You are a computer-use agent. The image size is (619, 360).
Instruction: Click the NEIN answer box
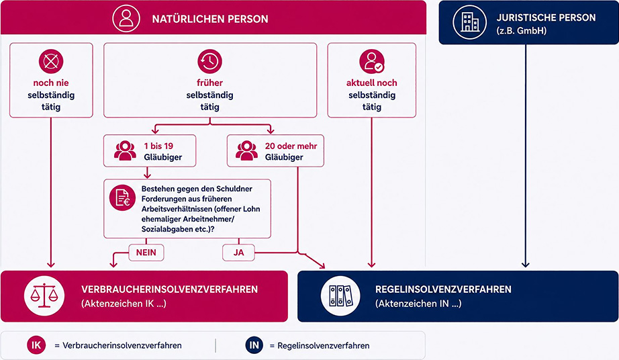point(146,253)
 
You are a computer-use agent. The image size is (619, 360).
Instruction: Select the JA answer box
point(238,253)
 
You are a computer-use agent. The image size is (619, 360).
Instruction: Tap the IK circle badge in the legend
point(36,345)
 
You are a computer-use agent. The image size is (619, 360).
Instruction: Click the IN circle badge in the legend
point(254,345)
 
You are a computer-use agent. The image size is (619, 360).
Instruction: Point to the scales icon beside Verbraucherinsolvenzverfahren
point(44,296)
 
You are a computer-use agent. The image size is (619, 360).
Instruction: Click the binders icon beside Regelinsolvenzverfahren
point(340,296)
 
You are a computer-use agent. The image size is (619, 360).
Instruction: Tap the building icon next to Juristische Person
point(470,22)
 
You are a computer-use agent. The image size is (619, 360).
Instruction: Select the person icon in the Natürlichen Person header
point(126,18)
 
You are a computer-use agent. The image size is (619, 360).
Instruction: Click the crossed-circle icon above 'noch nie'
point(51,61)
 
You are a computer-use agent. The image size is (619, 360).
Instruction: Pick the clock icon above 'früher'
point(209,61)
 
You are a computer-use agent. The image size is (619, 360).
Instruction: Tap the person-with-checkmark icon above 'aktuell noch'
point(372,61)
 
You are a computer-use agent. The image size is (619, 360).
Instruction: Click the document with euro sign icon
point(122,197)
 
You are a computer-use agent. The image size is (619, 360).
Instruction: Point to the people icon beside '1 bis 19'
point(125,151)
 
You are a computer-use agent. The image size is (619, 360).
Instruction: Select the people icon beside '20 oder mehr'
point(247,151)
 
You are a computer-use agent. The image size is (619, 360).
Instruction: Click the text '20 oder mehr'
point(291,146)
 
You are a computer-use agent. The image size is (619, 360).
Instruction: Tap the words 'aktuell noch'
point(371,83)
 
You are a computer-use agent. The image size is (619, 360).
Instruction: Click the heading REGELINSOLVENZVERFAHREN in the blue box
point(443,289)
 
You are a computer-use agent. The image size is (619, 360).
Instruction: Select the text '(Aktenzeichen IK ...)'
point(124,304)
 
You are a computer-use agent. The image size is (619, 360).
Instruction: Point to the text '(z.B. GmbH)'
point(522,31)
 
